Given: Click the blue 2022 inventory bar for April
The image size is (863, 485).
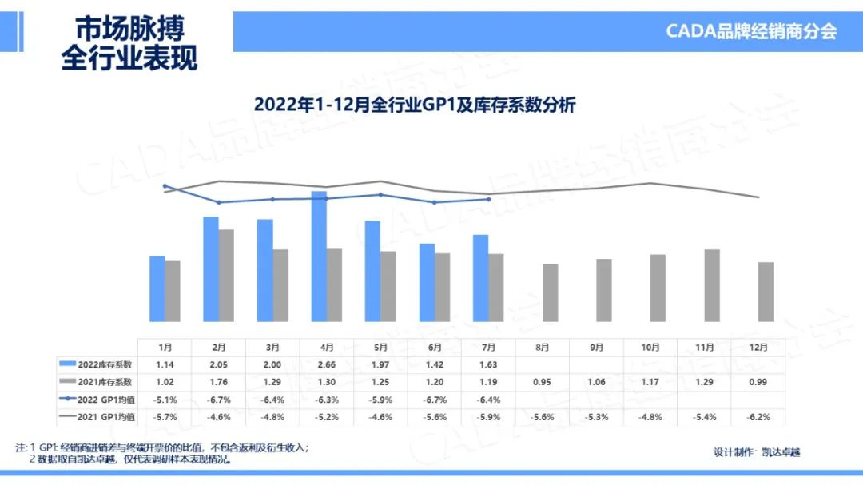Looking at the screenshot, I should pyautogui.click(x=319, y=256).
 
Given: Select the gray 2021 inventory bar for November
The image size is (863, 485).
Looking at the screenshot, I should pyautogui.click(x=711, y=285).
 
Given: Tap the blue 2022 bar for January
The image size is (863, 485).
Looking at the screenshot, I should pyautogui.click(x=157, y=288).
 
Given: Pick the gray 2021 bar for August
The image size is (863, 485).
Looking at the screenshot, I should pyautogui.click(x=550, y=292).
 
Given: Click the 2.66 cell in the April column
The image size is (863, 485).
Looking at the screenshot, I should pyautogui.click(x=327, y=364).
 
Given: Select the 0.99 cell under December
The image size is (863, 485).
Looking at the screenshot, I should pyautogui.click(x=758, y=382).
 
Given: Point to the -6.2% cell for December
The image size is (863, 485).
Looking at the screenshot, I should pyautogui.click(x=758, y=417).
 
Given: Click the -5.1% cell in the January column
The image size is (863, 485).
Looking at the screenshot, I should pyautogui.click(x=165, y=400).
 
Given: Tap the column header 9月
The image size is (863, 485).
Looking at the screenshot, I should pyautogui.click(x=596, y=347).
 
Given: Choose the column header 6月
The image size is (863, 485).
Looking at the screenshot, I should pyautogui.click(x=435, y=347).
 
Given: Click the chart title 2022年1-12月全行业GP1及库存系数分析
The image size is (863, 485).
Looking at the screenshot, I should pyautogui.click(x=415, y=105).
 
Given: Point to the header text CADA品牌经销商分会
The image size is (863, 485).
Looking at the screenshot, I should pyautogui.click(x=751, y=31).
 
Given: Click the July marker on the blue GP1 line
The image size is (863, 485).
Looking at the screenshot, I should pyautogui.click(x=488, y=199).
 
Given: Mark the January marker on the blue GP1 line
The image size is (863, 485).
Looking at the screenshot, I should pyautogui.click(x=165, y=186).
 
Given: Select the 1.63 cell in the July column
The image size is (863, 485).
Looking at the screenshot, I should pyautogui.click(x=488, y=364).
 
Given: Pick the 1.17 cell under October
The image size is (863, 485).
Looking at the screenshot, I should pyautogui.click(x=650, y=382).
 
